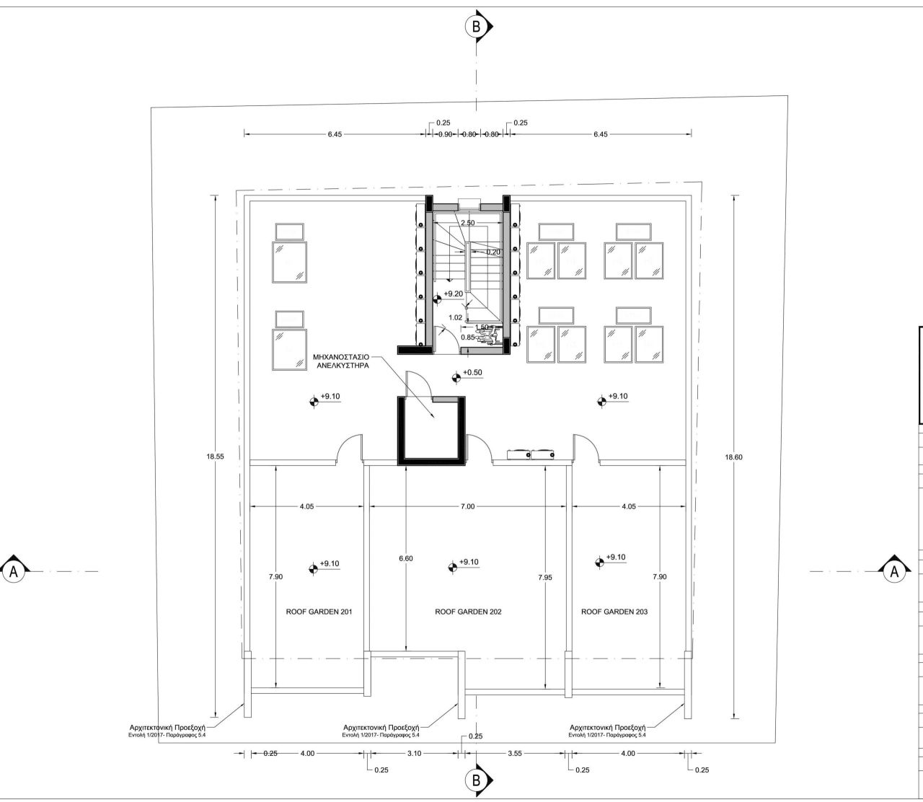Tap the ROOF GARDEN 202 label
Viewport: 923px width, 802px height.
[468, 612]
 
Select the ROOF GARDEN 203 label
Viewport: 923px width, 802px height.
[614, 612]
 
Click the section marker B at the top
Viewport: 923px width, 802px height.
[475, 26]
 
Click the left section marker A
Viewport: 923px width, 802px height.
[13, 572]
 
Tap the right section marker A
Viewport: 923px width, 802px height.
[894, 571]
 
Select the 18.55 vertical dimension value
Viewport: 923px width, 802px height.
[215, 457]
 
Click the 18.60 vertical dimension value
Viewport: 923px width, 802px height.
[733, 457]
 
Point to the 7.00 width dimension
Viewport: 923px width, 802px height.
[467, 506]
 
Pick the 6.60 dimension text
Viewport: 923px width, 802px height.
[406, 558]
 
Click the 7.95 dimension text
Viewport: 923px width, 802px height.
[545, 577]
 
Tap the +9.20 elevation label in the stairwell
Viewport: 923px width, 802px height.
[453, 294]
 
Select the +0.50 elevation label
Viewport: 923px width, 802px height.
[472, 372]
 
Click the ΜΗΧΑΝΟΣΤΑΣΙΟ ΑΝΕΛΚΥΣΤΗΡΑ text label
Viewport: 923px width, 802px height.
[342, 361]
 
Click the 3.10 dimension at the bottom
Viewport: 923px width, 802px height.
[414, 754]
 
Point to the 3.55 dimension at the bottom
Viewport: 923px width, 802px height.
[515, 754]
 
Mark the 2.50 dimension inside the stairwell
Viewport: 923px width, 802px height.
[467, 223]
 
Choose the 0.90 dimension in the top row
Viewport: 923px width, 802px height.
[445, 134]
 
